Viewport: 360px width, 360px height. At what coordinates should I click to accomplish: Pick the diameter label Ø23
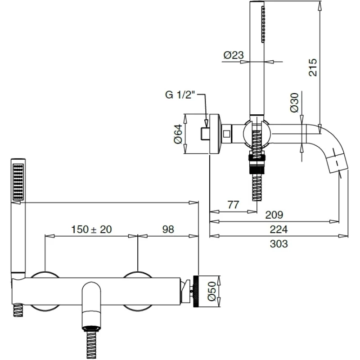[233, 55]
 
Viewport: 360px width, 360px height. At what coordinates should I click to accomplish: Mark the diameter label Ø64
[178, 134]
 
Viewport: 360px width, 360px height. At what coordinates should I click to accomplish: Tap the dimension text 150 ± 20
[91, 229]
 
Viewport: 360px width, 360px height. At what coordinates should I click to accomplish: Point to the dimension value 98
[167, 229]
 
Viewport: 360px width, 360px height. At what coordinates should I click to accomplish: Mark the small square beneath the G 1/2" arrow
[204, 133]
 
